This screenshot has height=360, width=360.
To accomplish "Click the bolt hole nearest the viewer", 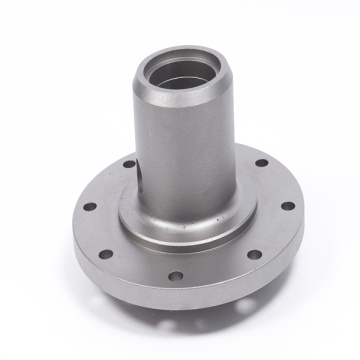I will click(x=177, y=276).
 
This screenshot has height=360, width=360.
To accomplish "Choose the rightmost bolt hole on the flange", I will click(x=287, y=206).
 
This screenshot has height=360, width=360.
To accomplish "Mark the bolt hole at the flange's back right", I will click(x=262, y=162).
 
